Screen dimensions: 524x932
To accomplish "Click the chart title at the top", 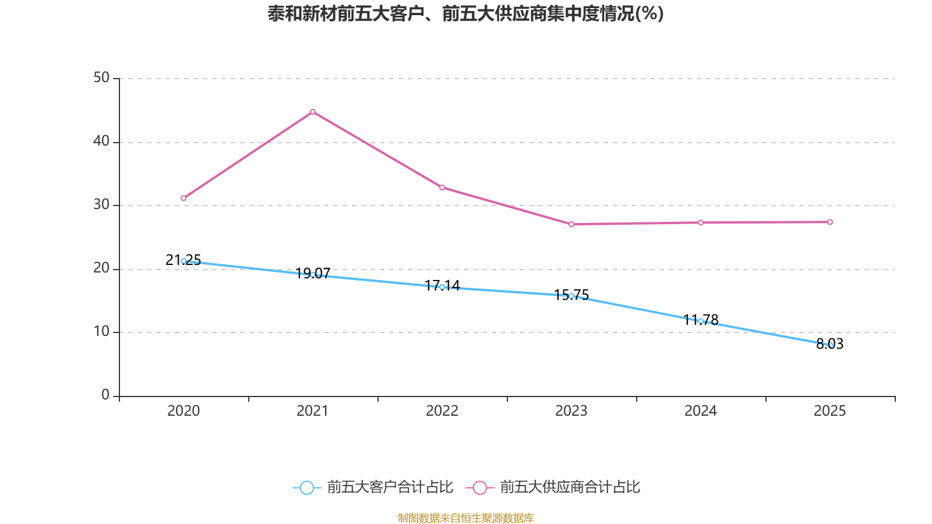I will point(465,13).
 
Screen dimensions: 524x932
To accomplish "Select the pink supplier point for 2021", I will point(313,112).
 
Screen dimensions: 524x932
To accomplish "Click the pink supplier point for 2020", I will point(183,198).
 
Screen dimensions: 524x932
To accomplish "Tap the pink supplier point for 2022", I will point(442,187).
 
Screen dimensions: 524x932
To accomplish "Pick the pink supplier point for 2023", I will point(571,224).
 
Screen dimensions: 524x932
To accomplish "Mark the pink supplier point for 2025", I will point(830,222).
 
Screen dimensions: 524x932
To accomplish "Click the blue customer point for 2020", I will point(183,261).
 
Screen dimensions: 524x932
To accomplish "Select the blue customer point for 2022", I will point(442,287).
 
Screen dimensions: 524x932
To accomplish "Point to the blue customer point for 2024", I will point(701,321).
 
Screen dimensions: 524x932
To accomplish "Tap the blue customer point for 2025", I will point(830,345).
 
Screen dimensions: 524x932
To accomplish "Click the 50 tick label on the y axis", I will point(101,77).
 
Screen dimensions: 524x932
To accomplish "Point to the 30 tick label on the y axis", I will point(101,204).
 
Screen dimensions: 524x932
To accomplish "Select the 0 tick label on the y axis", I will point(105,395).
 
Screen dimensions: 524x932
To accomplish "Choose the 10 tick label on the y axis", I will point(101,331).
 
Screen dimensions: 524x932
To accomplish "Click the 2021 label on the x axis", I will point(313,411).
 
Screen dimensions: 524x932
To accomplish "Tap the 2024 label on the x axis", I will point(701,411).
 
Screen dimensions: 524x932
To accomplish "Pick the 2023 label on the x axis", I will point(571,411).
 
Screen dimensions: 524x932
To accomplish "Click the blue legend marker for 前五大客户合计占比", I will point(306,487).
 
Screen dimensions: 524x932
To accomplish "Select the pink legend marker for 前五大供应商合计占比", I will point(479,487).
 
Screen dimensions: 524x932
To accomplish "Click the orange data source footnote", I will point(465,518).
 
